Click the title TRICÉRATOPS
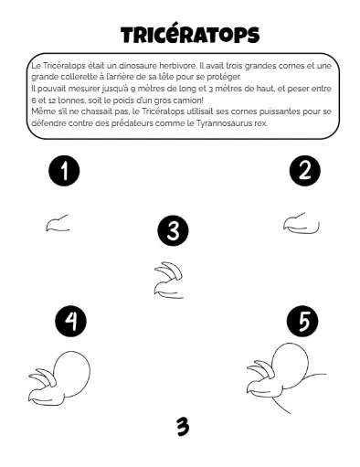coord(190,35)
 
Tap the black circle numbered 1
coord(64,171)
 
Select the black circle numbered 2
coord(305,171)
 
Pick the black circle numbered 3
coord(173,230)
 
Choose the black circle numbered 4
coord(70,322)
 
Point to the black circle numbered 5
coord(302,321)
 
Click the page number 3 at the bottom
coord(183,426)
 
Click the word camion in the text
coord(187,101)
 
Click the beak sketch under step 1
coord(58,222)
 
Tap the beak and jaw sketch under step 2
coord(302,223)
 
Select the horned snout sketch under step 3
coord(168,280)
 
